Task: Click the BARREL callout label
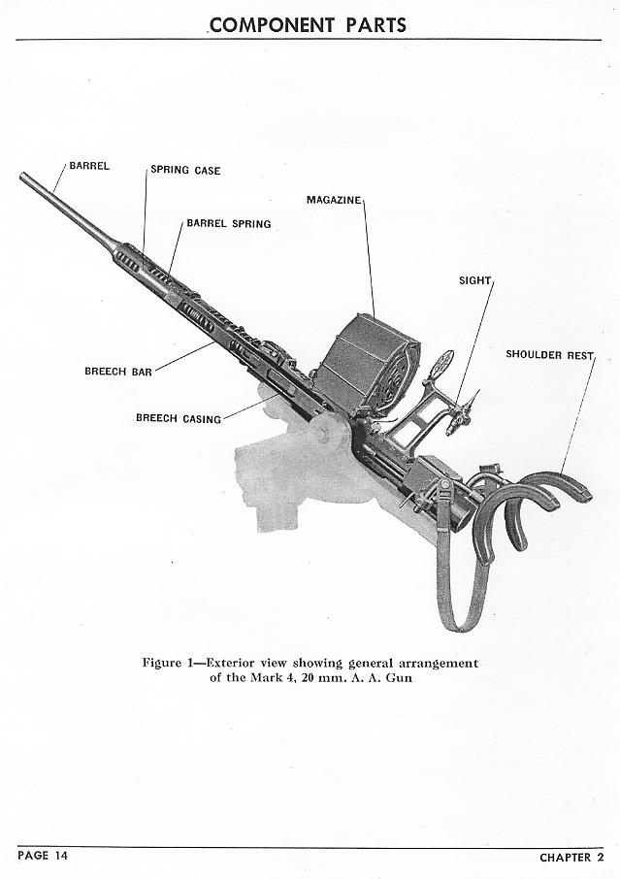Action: (88, 165)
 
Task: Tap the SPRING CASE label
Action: (185, 171)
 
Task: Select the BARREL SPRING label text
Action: (229, 224)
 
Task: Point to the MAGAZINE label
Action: (334, 200)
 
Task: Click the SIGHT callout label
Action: (475, 280)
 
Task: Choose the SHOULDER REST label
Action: (549, 354)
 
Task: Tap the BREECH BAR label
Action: (117, 371)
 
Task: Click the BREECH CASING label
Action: (179, 419)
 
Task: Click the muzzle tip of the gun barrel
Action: (23, 177)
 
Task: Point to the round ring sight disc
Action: (440, 366)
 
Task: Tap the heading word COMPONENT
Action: (267, 24)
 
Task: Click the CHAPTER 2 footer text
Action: (571, 857)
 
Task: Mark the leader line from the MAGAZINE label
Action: (369, 252)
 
